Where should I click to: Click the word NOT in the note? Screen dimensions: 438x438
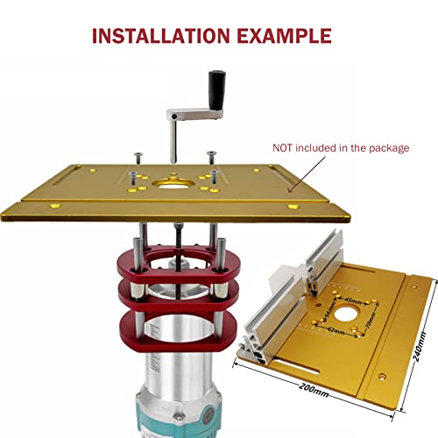tap(284, 148)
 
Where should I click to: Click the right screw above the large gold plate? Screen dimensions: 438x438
tap(210, 156)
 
